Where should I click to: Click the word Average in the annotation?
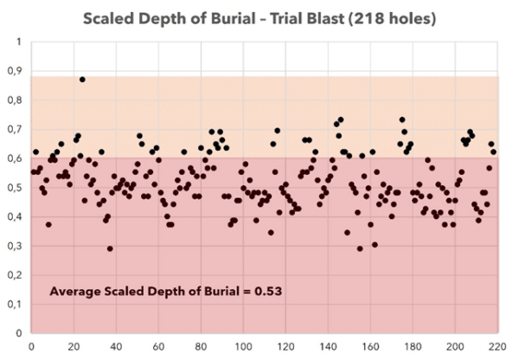pos(76,292)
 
